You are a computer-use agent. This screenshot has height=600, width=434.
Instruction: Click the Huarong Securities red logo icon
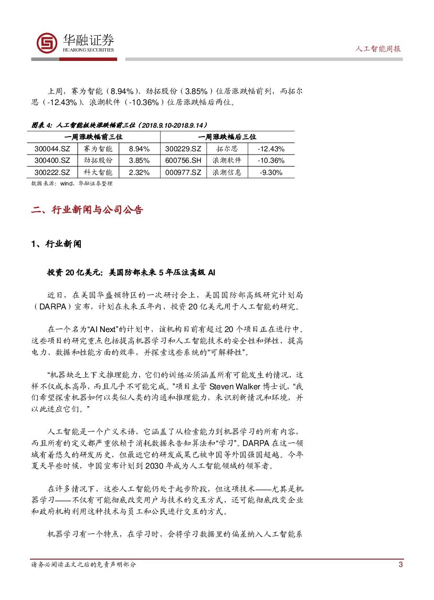(x=47, y=44)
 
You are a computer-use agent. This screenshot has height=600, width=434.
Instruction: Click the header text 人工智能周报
(x=378, y=48)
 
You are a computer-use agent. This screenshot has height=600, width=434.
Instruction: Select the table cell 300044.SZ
(x=52, y=149)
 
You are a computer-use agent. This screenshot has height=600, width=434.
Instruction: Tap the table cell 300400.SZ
(x=52, y=160)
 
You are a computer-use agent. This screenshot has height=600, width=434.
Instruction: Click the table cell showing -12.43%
(x=271, y=149)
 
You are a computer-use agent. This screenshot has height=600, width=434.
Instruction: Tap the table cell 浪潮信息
(x=227, y=172)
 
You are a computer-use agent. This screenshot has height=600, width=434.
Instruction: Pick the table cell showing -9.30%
(x=271, y=172)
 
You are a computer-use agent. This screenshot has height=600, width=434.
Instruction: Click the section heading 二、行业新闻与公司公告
(x=87, y=210)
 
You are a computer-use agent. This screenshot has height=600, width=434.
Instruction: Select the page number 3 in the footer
(x=400, y=565)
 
